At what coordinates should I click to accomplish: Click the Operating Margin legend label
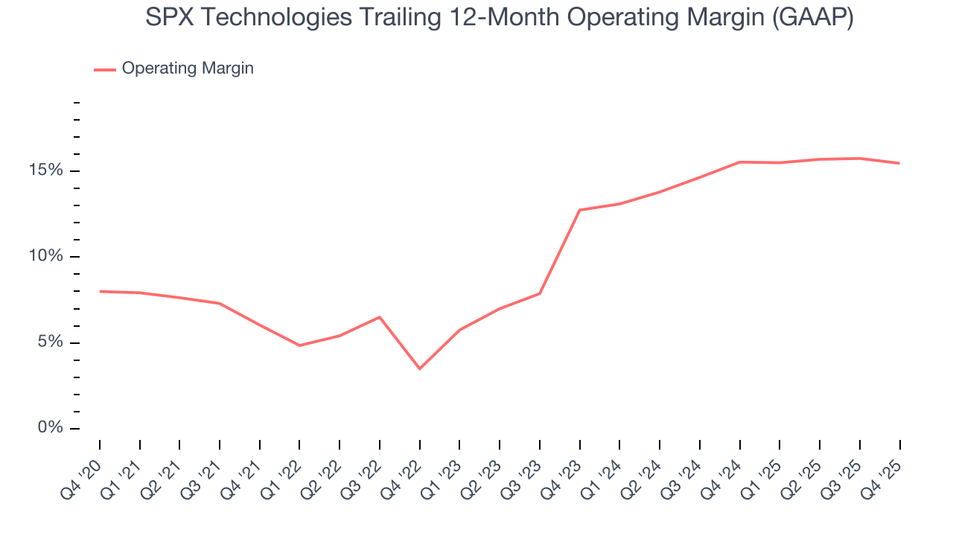[188, 68]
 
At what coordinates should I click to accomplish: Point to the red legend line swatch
[104, 69]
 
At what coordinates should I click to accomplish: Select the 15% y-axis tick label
[47, 170]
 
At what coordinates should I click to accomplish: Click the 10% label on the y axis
[47, 257]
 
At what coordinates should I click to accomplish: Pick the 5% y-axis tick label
[51, 342]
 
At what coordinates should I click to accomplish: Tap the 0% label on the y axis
[51, 428]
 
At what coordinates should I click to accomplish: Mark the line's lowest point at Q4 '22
[420, 368]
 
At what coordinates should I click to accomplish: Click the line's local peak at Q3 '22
[380, 317]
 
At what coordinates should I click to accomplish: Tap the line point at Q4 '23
[580, 210]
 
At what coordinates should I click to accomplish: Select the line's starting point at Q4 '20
[100, 291]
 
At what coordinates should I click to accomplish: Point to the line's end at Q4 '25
[899, 163]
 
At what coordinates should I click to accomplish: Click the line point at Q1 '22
[299, 345]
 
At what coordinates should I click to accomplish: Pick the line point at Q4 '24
[740, 162]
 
